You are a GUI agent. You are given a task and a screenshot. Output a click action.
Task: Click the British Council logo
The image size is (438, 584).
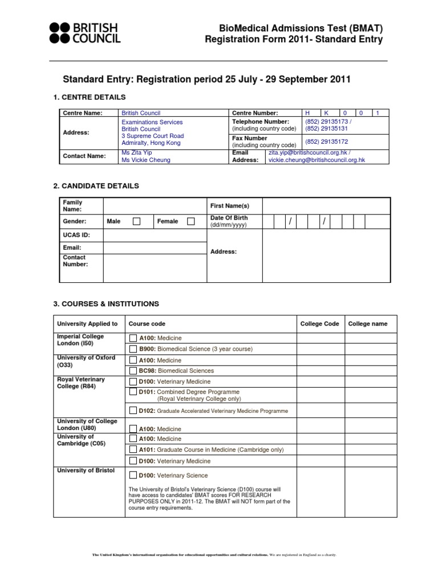click(84, 34)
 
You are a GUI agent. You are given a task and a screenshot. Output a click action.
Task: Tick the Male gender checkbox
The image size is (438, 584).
click(136, 221)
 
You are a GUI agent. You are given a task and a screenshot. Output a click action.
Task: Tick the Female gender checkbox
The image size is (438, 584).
click(191, 221)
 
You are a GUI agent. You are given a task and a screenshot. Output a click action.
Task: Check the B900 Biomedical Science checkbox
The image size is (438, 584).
click(133, 348)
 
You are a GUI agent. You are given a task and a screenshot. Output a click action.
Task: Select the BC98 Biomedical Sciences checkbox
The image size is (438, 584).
click(133, 371)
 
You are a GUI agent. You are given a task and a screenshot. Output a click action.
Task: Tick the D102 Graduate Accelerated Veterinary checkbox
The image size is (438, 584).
click(133, 410)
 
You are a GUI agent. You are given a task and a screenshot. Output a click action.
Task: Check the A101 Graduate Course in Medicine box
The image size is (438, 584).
click(133, 449)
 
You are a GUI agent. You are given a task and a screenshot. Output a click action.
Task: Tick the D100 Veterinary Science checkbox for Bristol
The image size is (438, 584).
click(133, 475)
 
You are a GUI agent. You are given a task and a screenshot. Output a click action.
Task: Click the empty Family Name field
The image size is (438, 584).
click(155, 206)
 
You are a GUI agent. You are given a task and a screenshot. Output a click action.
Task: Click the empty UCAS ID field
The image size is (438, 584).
click(155, 235)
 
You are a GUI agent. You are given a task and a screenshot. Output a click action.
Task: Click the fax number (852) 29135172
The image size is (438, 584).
click(327, 141)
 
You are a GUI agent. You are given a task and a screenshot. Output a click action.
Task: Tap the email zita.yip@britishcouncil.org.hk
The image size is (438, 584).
click(307, 153)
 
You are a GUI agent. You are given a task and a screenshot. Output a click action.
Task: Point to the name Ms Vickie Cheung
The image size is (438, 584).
click(146, 160)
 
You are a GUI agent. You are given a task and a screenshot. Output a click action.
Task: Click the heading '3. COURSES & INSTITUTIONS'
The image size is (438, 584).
click(106, 304)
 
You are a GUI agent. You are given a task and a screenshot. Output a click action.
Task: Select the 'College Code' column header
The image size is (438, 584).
click(319, 324)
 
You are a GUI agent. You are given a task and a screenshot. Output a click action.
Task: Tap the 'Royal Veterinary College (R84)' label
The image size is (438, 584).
click(80, 383)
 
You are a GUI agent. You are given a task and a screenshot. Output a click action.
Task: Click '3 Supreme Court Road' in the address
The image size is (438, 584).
click(153, 136)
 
